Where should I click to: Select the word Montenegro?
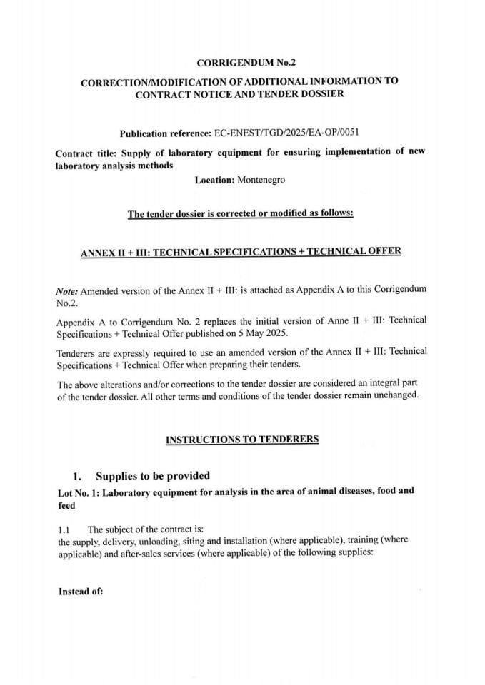[x=261, y=180]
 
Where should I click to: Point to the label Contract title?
[x=86, y=152]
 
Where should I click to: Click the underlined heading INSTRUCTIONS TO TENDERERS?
[x=241, y=439]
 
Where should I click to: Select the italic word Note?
[x=67, y=291]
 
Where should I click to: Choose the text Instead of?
[x=80, y=591]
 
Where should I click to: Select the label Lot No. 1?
[x=83, y=492]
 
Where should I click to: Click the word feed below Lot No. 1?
[x=66, y=505]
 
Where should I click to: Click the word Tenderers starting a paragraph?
[x=78, y=351]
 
